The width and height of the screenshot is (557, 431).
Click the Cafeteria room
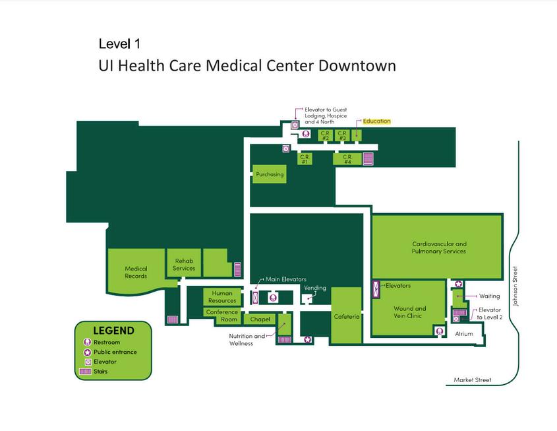(x=347, y=316)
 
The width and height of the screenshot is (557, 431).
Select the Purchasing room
(x=270, y=174)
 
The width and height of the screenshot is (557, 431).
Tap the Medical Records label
(x=136, y=272)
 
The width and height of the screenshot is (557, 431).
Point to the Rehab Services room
(x=184, y=264)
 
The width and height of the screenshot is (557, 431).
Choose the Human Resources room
(x=222, y=297)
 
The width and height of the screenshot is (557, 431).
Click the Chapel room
(x=260, y=319)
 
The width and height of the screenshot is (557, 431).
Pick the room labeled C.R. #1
(x=305, y=158)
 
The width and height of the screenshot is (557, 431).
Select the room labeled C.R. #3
(x=342, y=135)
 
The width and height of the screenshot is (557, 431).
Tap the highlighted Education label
(x=376, y=121)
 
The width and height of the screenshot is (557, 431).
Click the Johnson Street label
(x=516, y=286)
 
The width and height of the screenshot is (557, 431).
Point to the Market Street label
(x=472, y=380)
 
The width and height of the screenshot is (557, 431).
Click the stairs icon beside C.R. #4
(x=368, y=158)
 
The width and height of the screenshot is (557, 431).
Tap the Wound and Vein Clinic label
(x=410, y=312)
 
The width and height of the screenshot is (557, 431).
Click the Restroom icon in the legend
(x=87, y=343)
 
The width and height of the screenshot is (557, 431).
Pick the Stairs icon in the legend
(x=87, y=372)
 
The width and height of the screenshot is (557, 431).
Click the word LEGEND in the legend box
(x=113, y=331)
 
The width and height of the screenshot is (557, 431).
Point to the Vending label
(x=314, y=288)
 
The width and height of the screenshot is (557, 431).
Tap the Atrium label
(x=464, y=334)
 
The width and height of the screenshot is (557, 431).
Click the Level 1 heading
(x=119, y=44)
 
